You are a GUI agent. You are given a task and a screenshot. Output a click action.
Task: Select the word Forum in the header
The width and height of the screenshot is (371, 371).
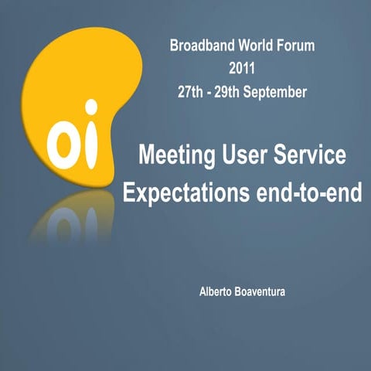pos(298,46)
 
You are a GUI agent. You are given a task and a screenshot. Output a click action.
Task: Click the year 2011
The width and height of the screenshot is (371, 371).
pos(242,69)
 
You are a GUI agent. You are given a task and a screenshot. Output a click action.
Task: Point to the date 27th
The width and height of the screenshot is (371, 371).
pos(191,92)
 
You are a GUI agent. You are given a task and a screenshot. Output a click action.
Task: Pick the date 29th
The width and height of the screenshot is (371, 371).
pos(228,92)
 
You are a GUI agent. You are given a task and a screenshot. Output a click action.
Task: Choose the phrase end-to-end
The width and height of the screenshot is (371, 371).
pos(309,192)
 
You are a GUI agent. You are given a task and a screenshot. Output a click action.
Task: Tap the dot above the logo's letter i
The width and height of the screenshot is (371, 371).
pos(91,107)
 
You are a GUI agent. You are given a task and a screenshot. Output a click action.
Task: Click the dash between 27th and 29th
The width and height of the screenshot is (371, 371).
pos(209,93)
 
